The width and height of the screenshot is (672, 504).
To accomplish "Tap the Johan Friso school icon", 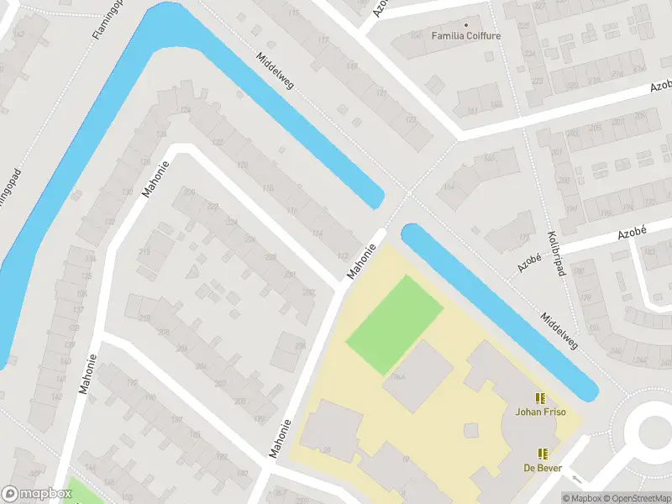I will [x=541, y=398].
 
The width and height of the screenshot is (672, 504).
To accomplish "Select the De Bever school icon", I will [x=542, y=454].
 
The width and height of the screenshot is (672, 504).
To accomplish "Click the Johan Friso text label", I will [x=541, y=412].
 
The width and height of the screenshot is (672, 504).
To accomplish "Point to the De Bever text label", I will [x=542, y=467].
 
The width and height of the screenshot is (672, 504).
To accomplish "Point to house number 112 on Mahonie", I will [x=342, y=256].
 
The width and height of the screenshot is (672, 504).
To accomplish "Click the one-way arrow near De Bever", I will [x=575, y=478].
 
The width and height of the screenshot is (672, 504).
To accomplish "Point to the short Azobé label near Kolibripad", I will [x=528, y=262].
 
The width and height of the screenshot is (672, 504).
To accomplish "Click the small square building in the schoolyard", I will [x=471, y=430].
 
